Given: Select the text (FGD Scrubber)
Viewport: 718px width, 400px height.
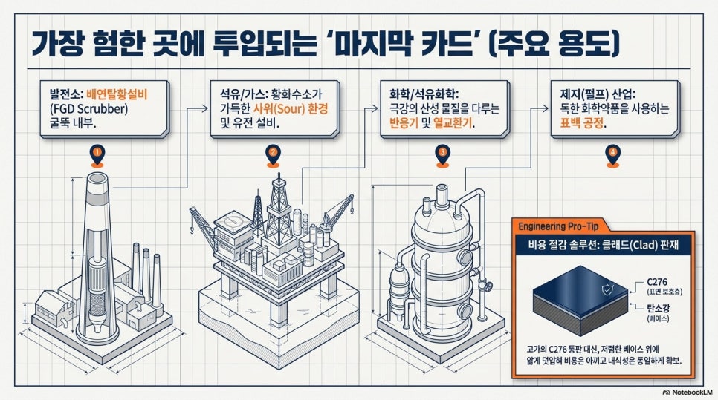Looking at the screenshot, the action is pos(89,109).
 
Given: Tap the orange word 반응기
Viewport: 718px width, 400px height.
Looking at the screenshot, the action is pos(404,123).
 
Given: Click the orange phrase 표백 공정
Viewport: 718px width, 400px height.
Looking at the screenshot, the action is pos(581,123).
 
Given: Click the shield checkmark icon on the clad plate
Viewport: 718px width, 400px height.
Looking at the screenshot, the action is pos(608,289).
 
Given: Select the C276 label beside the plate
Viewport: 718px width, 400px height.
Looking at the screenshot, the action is pos(657,282).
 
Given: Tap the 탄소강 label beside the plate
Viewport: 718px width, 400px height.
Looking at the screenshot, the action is pos(658,309).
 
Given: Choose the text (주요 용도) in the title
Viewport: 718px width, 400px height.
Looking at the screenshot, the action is pos(553,45).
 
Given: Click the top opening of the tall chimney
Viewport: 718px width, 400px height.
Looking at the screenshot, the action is pos(97,178).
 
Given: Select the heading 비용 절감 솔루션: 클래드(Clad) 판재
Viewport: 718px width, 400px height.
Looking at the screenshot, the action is pos(603,245).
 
